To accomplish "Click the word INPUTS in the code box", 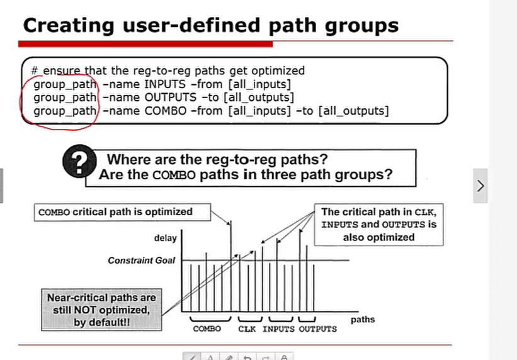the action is [x=165, y=84].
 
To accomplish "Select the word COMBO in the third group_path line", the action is [x=166, y=111].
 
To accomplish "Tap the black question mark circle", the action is [x=79, y=161].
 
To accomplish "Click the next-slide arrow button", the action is [x=480, y=186].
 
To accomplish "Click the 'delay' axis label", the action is [x=166, y=238].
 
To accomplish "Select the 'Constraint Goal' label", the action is [x=142, y=261].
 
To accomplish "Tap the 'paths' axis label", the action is [x=363, y=320].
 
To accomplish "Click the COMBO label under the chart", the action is [x=207, y=329].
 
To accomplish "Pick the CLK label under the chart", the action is [x=247, y=329].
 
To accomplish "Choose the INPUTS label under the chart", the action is [x=278, y=329].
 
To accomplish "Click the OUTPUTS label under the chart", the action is [x=318, y=329].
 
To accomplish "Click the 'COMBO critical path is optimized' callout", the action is [x=122, y=212].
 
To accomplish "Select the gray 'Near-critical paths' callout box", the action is [x=101, y=310].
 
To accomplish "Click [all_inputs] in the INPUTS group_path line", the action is [x=260, y=84].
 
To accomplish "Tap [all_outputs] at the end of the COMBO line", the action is [x=353, y=111].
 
